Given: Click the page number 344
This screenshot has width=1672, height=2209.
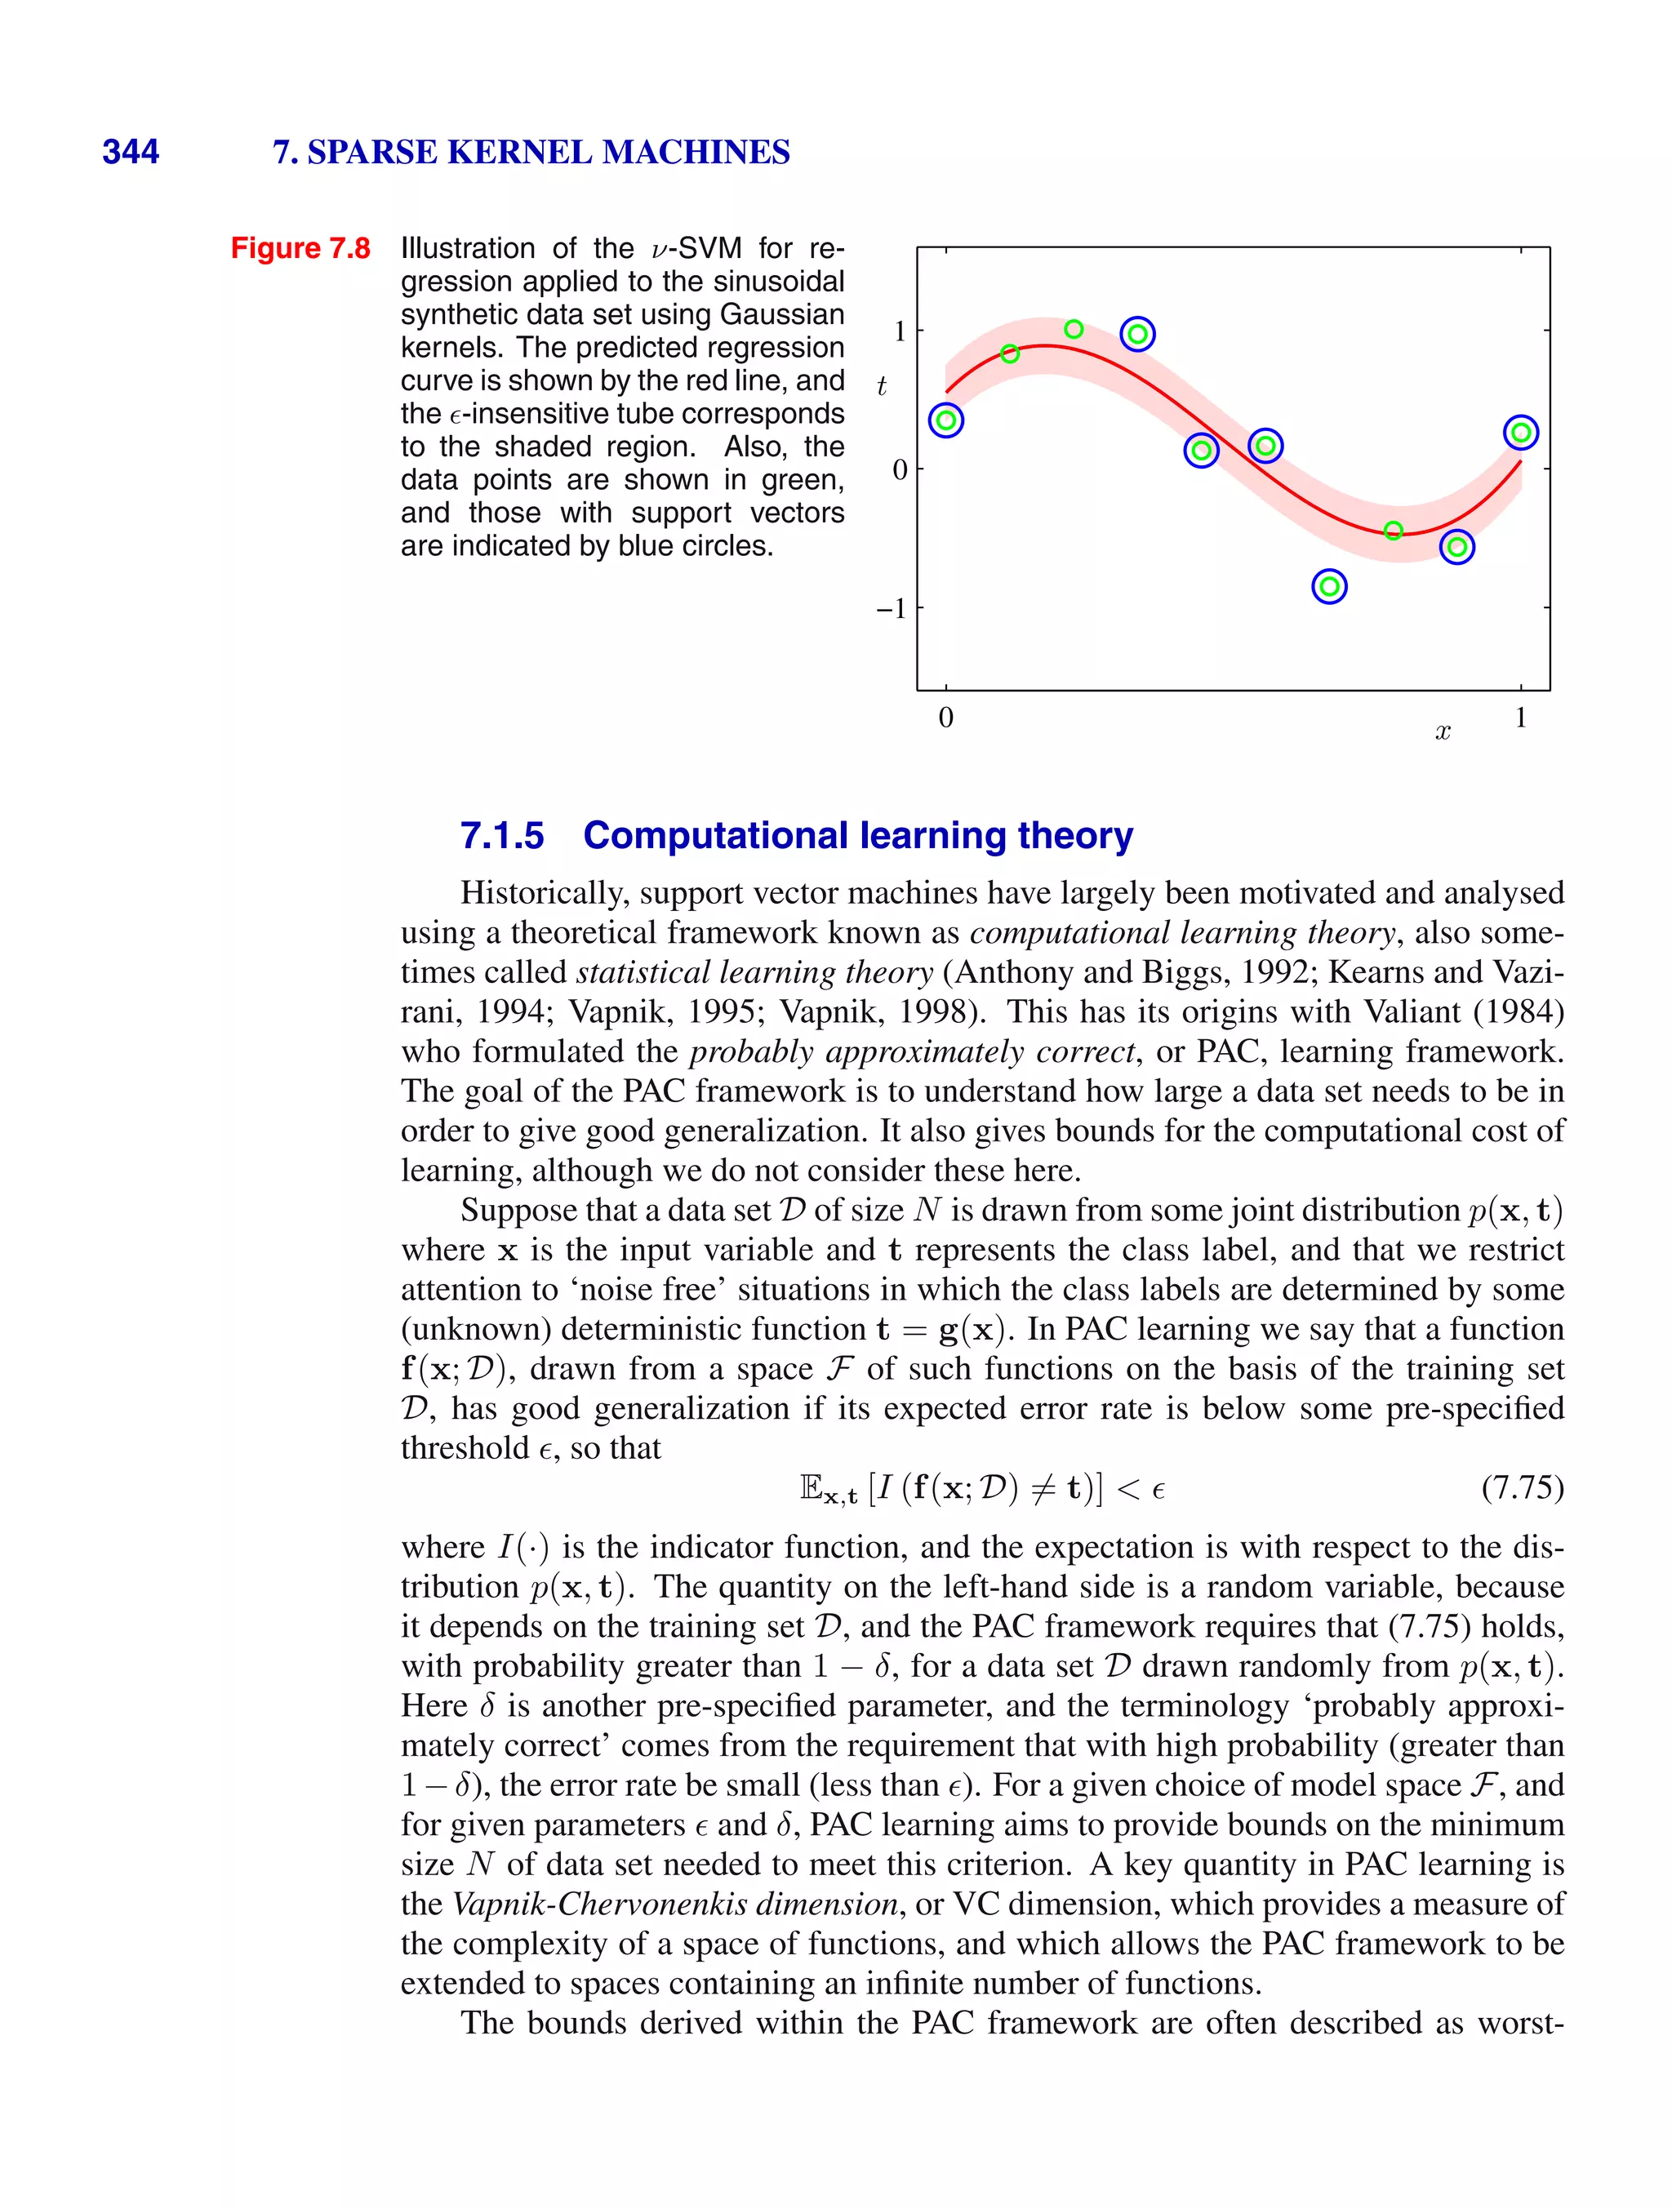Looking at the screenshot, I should [130, 152].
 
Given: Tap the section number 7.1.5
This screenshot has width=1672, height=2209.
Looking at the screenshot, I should [501, 835].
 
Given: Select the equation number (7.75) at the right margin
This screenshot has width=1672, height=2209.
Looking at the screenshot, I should [1522, 1488].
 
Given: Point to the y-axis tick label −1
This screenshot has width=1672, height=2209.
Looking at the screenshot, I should [891, 608].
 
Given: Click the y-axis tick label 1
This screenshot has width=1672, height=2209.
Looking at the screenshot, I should [900, 331].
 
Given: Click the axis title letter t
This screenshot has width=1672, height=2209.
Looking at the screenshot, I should [881, 386].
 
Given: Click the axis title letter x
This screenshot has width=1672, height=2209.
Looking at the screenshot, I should [1443, 732].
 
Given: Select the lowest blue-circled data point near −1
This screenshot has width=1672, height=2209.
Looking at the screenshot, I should [1328, 586].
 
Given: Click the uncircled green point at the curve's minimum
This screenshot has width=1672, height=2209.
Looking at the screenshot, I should [1394, 531].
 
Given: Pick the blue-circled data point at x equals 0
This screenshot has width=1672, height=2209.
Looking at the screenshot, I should [946, 420].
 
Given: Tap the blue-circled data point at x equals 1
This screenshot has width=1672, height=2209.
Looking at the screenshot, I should [1520, 433].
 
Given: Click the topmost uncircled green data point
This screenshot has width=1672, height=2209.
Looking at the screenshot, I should [1074, 328].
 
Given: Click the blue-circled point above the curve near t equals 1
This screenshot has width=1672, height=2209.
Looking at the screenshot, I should [1137, 334].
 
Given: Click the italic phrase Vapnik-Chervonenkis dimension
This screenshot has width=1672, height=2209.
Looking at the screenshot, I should [676, 1904].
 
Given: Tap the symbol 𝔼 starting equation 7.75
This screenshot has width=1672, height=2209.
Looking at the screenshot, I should [811, 1488].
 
